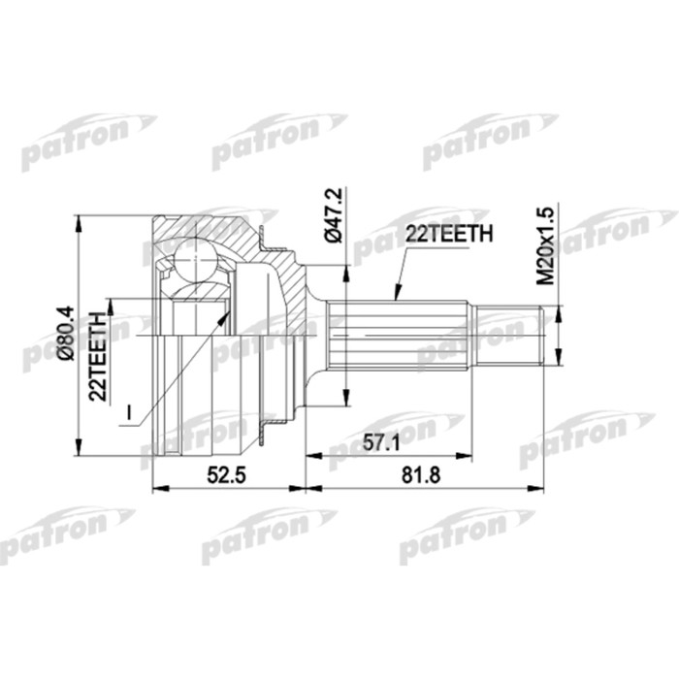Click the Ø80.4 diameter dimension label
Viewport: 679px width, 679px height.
(x=65, y=335)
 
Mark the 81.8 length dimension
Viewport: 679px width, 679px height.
(x=423, y=475)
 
